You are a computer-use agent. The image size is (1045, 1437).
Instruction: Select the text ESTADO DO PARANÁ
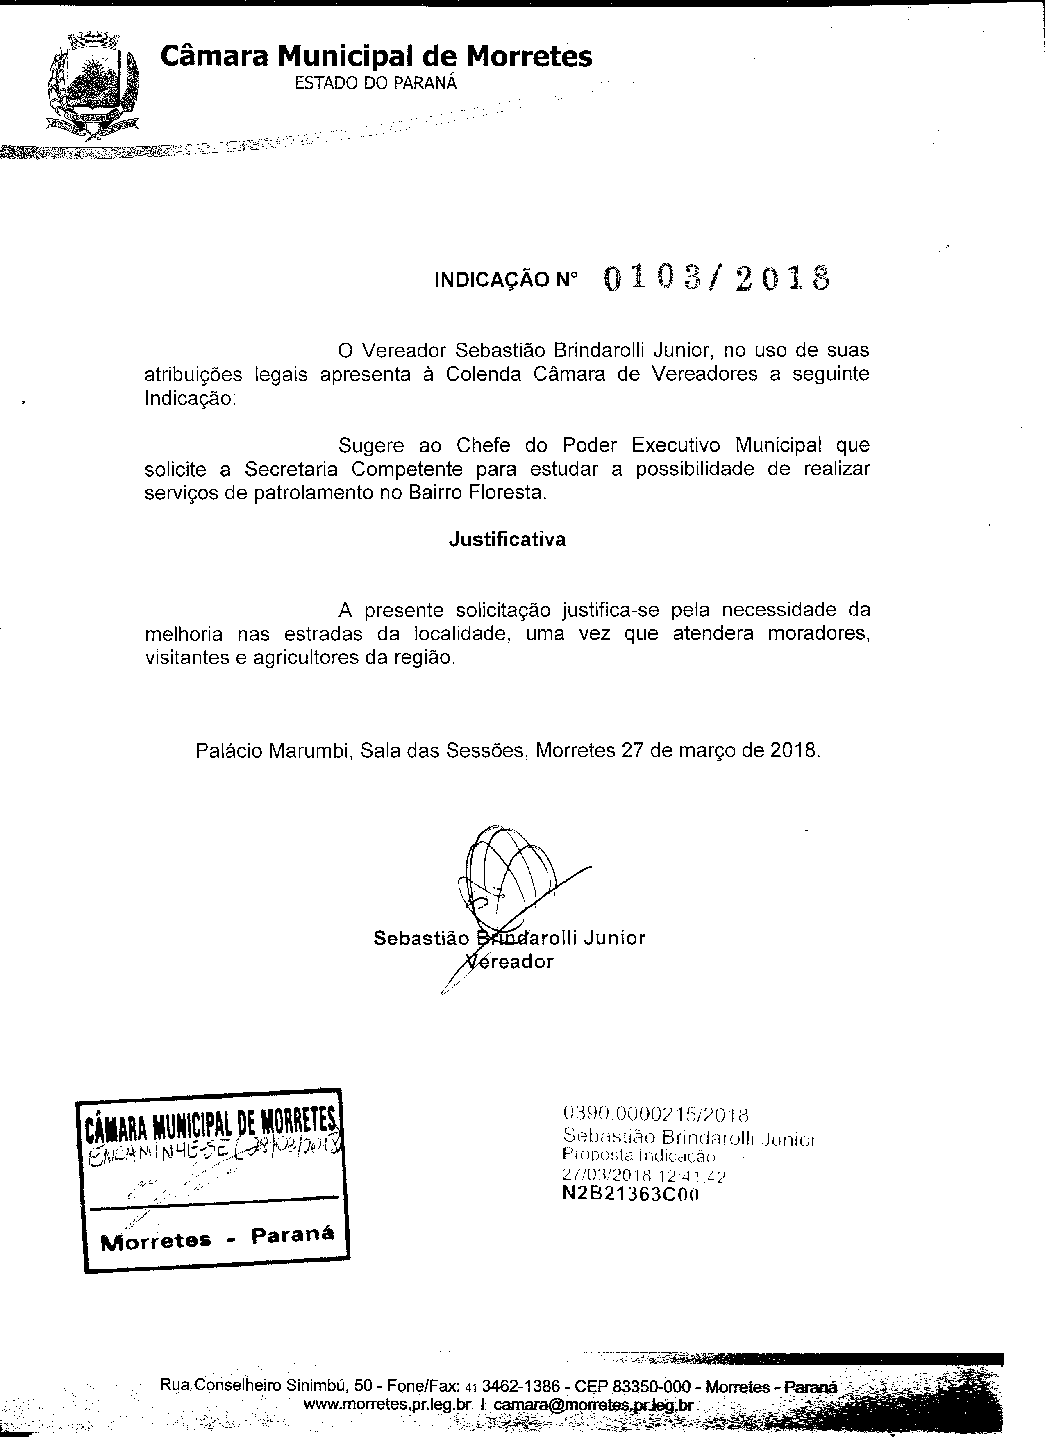376,84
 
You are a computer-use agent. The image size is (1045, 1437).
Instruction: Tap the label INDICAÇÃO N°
507,280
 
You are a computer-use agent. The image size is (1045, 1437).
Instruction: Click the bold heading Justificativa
507,539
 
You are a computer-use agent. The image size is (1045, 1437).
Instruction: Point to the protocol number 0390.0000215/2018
656,1114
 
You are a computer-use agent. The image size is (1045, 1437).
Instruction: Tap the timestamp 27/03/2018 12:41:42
643,1176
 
